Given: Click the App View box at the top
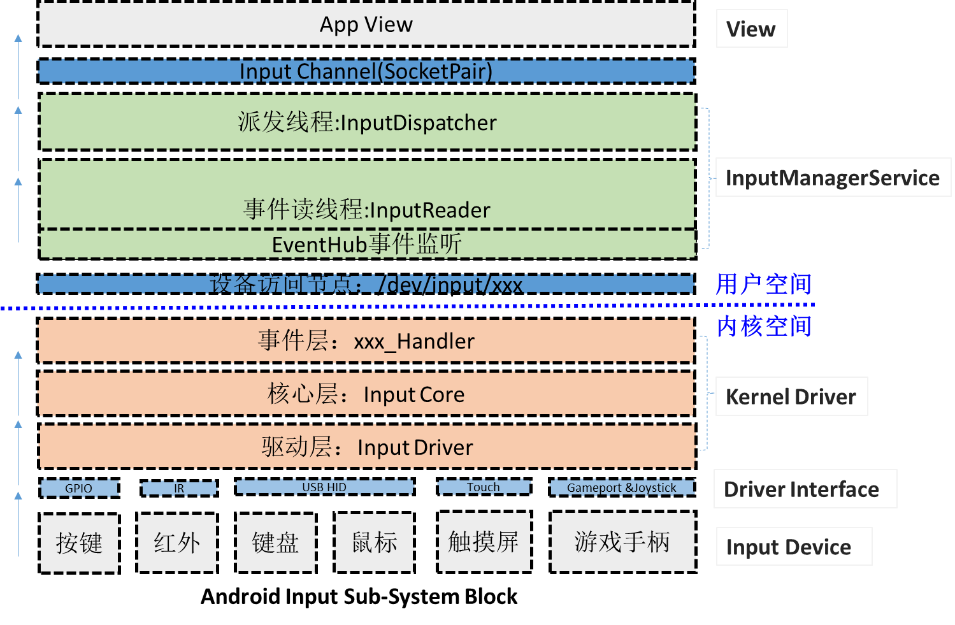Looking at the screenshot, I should point(366,24).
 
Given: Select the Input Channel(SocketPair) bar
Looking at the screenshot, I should point(366,71).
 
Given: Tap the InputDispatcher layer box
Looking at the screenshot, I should point(367,122).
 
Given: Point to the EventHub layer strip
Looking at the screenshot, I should point(367,244).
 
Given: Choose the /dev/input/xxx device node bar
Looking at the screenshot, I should point(366,284).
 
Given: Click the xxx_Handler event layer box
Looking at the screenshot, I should point(366,341).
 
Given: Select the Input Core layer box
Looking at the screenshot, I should point(366,394).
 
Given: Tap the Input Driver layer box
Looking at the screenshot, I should point(367,447).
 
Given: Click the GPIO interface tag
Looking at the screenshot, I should point(79,488).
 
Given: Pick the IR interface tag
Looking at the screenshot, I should point(179,488).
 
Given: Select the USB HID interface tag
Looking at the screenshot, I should point(324,487).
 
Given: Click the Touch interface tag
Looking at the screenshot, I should point(484,487).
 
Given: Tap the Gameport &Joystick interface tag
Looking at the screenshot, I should point(622,487).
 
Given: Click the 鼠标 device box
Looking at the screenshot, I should point(375,543).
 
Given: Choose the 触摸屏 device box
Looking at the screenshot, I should point(484,542).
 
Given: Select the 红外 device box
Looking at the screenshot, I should point(177,543).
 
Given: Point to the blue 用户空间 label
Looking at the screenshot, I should point(763,284).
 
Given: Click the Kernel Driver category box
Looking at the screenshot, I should point(791,396).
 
